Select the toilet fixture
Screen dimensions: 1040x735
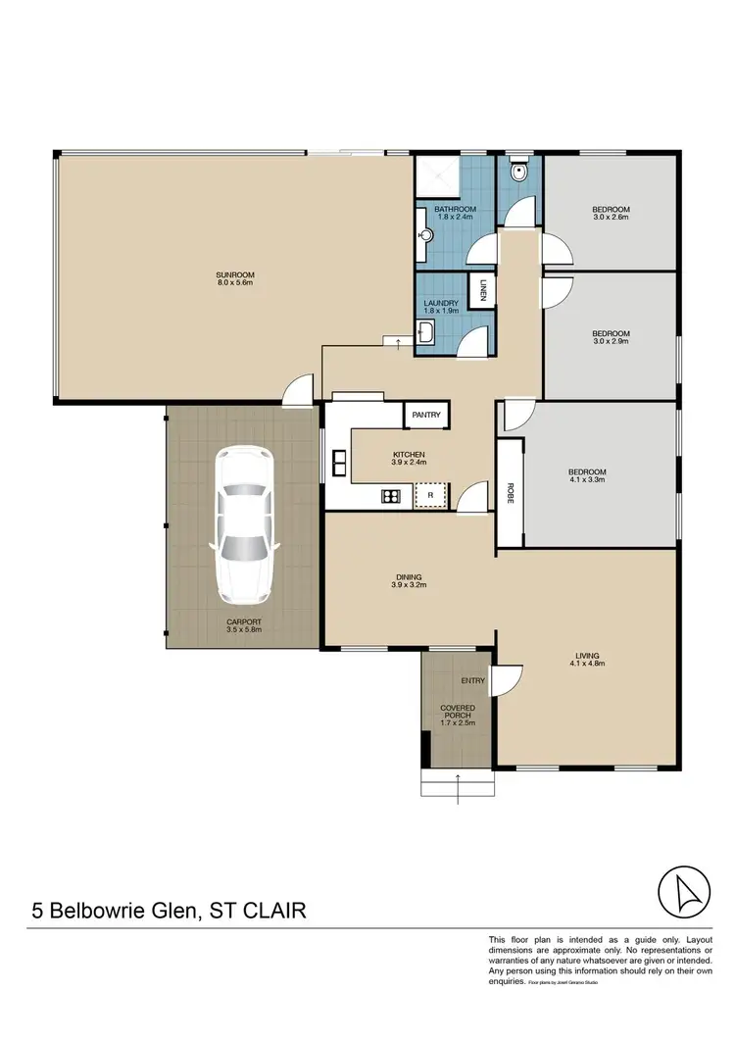pos(519,173)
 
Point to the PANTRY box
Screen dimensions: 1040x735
pos(426,415)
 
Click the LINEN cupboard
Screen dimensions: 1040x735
pos(485,292)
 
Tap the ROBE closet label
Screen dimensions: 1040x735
pos(510,492)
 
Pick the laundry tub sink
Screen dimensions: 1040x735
pos(427,336)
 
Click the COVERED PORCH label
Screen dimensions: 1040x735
pos(458,712)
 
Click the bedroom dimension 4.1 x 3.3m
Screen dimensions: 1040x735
pos(587,480)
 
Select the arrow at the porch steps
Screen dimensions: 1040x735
pos(458,780)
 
